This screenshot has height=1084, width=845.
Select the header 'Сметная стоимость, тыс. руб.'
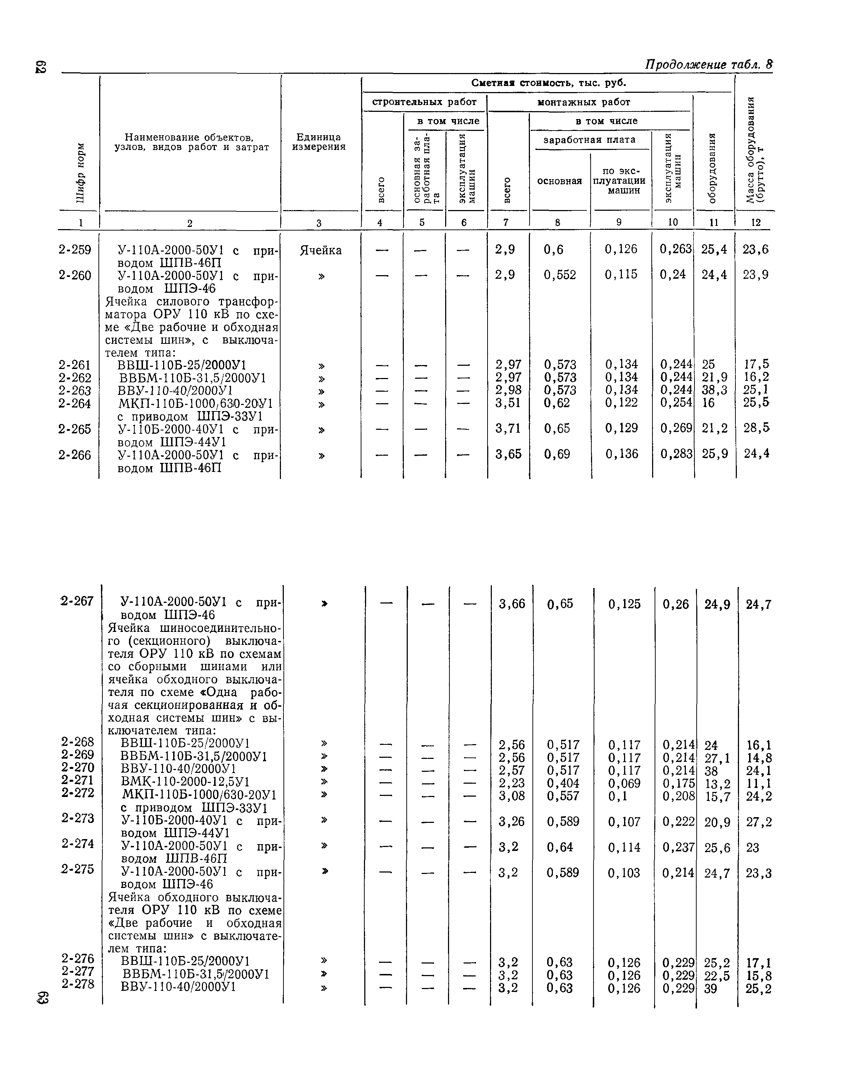pos(549,83)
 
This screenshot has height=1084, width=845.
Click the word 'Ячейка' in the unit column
pos(321,251)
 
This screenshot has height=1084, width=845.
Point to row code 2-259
pos(75,250)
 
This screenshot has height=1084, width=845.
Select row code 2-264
pos(75,404)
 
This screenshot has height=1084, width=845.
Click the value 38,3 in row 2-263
pos(714,391)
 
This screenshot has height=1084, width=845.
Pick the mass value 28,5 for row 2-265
pos(756,428)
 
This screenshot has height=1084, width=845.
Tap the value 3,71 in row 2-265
pos(508,428)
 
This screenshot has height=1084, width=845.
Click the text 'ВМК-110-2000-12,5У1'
pos(185,783)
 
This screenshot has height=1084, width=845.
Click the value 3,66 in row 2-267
pos(512,604)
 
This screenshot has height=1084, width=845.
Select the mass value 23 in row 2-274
pos(752,848)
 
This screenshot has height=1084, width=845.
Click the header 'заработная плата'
pos(589,140)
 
